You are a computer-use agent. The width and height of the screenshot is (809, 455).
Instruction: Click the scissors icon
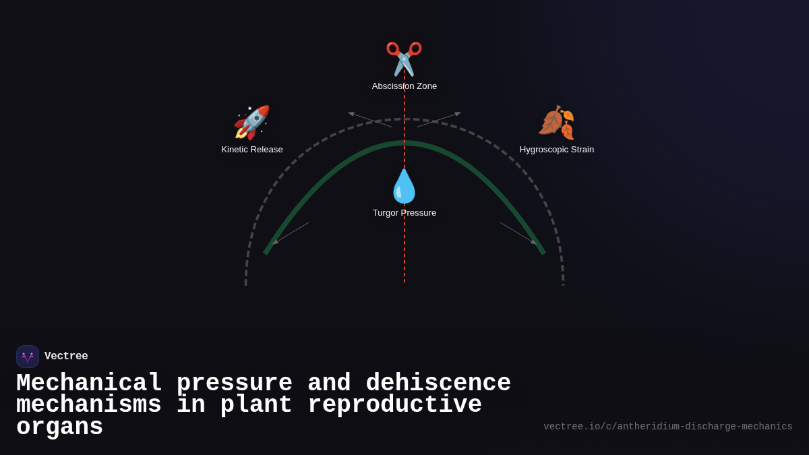[404, 59]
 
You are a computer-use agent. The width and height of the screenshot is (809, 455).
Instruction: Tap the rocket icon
[251, 122]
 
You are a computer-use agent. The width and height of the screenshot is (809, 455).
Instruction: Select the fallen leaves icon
[557, 122]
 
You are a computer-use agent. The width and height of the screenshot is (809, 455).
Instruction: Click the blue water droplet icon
[404, 186]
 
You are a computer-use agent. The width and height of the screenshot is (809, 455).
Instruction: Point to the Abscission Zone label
[404, 86]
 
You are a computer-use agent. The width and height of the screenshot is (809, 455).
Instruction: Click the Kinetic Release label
[252, 150]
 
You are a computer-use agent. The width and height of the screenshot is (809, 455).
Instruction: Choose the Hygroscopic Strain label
[557, 150]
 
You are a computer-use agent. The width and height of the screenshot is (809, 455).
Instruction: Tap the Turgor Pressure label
[404, 213]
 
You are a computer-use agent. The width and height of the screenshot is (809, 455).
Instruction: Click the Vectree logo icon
[28, 357]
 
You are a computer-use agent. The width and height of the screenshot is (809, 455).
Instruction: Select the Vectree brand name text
[66, 357]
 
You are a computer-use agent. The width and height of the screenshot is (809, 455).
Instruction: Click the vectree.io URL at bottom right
[667, 427]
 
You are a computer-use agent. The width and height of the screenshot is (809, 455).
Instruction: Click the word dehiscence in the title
[438, 384]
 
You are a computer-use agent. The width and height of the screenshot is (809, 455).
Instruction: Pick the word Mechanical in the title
[89, 384]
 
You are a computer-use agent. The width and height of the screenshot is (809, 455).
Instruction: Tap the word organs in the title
[59, 427]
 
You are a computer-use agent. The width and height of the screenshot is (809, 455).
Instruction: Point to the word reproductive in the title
[394, 405]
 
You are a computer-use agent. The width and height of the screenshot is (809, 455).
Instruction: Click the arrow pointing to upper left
[369, 119]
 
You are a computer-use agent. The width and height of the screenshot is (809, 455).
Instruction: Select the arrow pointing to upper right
[439, 119]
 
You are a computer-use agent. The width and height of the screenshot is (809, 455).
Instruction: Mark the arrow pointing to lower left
[291, 233]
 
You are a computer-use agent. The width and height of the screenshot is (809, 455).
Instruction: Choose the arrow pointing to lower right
[518, 233]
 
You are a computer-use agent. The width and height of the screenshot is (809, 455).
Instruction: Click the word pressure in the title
[234, 384]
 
